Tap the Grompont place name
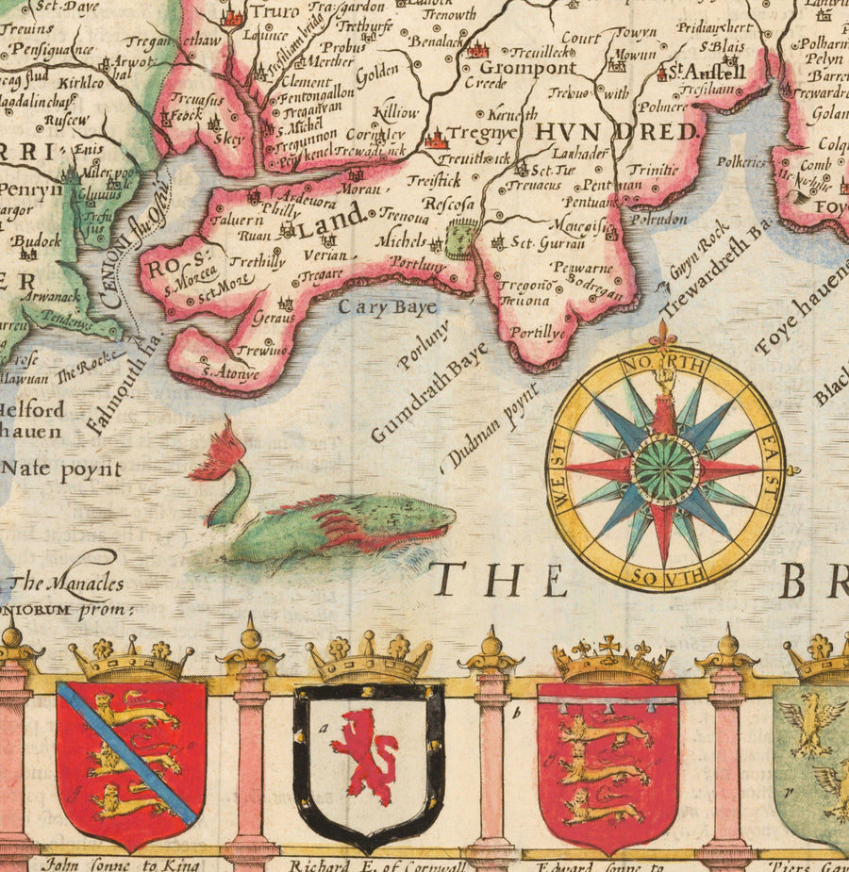point(514,68)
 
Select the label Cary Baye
point(388,307)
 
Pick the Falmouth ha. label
point(120,387)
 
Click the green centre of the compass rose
point(665,469)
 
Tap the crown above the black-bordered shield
point(368,660)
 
